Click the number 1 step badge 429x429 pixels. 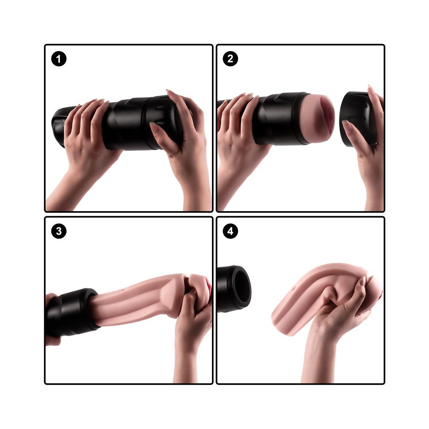click(59, 59)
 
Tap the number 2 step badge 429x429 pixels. click(230, 59)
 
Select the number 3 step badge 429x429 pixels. click(59, 231)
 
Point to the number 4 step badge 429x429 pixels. click(230, 231)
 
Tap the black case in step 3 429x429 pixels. click(71, 311)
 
